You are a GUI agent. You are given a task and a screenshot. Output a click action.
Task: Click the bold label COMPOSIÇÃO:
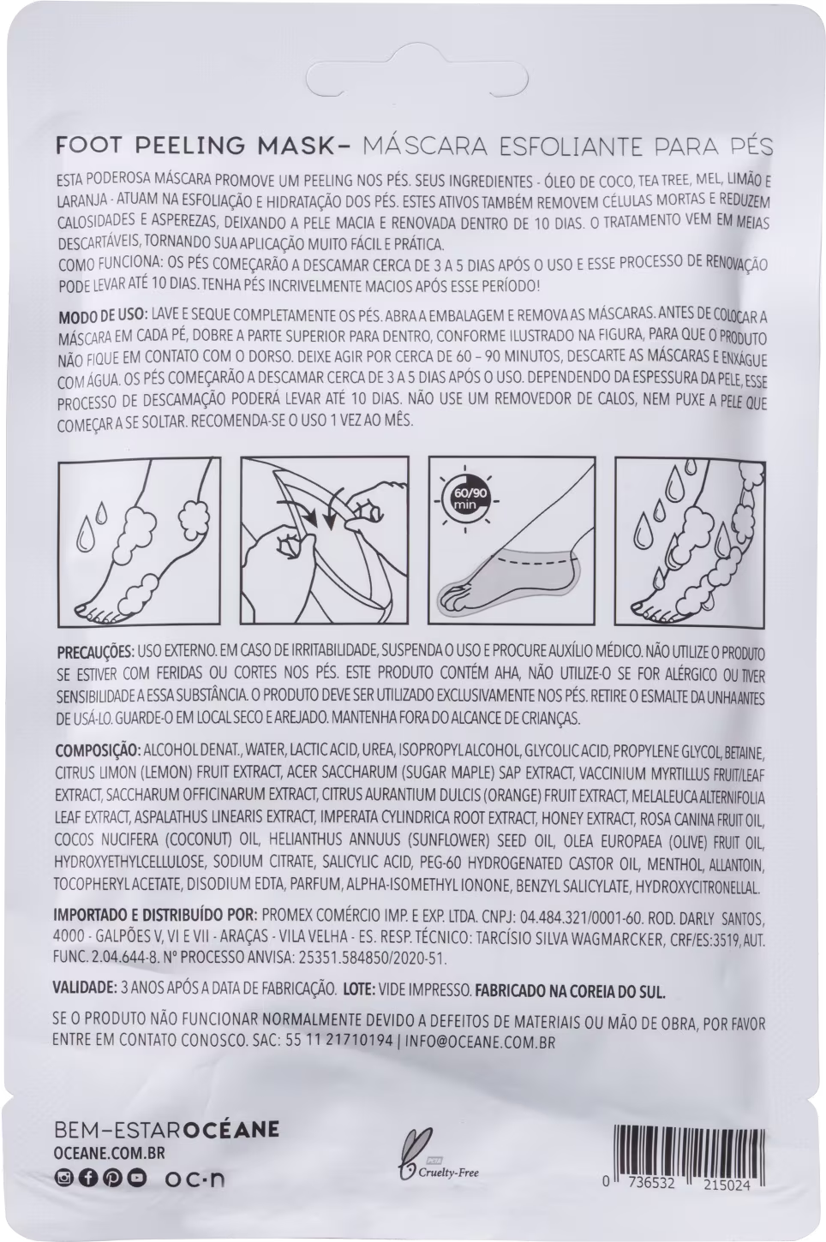coord(98,752)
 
